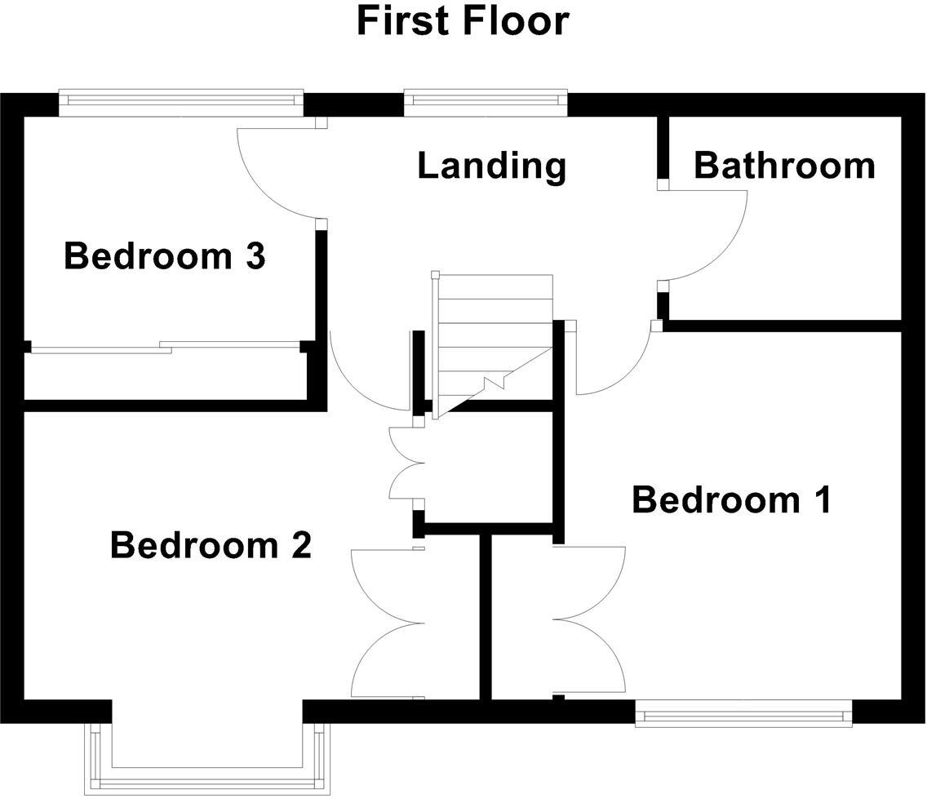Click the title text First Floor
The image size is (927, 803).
point(463,21)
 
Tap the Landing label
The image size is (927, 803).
point(491,166)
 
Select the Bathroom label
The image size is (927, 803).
point(784,166)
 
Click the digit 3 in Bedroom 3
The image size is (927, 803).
point(254,257)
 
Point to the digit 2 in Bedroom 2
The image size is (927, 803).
point(300,545)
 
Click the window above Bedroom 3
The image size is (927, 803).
point(180,100)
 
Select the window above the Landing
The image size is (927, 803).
point(486,100)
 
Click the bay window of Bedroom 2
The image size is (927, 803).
point(207,776)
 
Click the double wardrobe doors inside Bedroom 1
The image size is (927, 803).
point(588,620)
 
